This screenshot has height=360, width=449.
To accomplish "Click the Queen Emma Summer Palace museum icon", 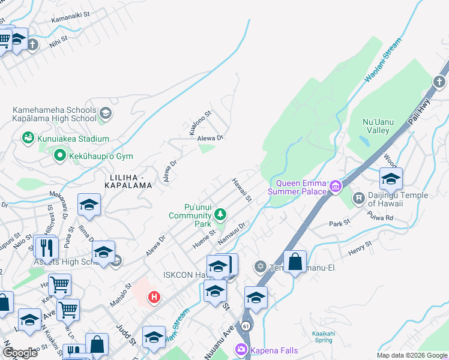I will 335,187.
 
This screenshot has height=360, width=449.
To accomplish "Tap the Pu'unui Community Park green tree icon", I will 220,214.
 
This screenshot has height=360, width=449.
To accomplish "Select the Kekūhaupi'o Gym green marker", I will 59,157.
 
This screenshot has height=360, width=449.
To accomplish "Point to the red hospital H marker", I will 154,296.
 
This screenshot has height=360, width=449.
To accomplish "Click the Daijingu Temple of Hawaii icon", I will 359,198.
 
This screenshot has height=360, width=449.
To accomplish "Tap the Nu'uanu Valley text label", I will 378,126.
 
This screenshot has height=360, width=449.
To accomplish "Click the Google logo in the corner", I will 20,353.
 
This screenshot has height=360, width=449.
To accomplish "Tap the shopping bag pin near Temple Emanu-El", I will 295,262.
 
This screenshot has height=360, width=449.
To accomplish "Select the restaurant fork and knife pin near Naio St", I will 46,247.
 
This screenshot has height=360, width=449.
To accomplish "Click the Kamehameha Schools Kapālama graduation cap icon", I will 106,113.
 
